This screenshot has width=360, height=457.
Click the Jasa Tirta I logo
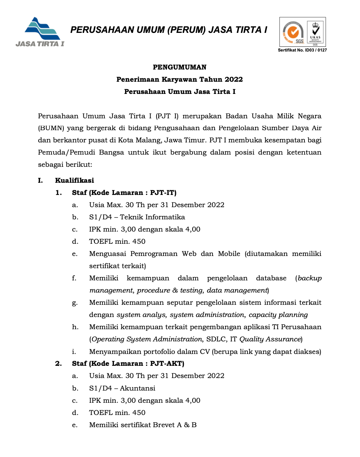tap(40, 32)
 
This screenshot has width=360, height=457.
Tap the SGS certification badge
tap(293, 33)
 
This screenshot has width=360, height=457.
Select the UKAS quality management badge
tap(315, 33)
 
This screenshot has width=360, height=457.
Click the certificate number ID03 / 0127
tap(316, 50)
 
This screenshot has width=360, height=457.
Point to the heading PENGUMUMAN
tap(180, 67)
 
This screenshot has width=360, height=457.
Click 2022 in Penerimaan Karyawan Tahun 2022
tap(234, 79)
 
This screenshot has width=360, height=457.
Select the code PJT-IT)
tap(163, 193)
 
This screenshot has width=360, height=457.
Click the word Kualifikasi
tap(75, 180)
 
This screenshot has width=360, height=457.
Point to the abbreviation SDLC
tap(216, 339)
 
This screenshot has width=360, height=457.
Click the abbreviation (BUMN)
tap(51, 128)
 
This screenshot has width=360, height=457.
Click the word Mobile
tap(229, 254)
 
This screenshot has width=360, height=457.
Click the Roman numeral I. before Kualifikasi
tap(40, 180)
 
